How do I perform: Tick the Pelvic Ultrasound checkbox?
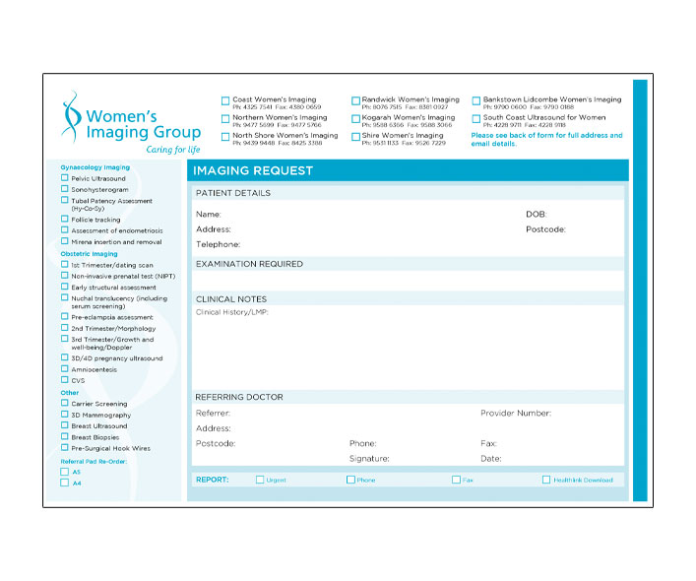click(x=65, y=178)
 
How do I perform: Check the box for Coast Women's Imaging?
click(x=225, y=100)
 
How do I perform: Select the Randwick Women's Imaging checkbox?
click(x=355, y=100)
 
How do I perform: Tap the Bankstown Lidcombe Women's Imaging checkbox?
click(x=475, y=100)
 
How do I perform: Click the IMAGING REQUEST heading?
click(x=253, y=171)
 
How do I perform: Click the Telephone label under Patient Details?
click(x=218, y=244)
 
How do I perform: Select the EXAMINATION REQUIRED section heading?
click(x=249, y=264)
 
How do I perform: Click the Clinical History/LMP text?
click(x=232, y=312)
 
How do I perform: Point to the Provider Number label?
click(x=515, y=414)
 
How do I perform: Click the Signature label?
click(x=369, y=459)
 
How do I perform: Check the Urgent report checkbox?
click(x=260, y=480)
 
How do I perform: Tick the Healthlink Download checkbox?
click(x=546, y=480)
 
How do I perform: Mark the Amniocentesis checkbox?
click(x=65, y=369)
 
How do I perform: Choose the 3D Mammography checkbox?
click(x=65, y=415)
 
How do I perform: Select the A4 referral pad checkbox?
click(x=65, y=483)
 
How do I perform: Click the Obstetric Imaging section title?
click(x=89, y=254)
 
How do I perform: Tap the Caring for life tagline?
click(x=172, y=150)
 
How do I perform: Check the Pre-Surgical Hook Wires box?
click(x=65, y=447)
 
